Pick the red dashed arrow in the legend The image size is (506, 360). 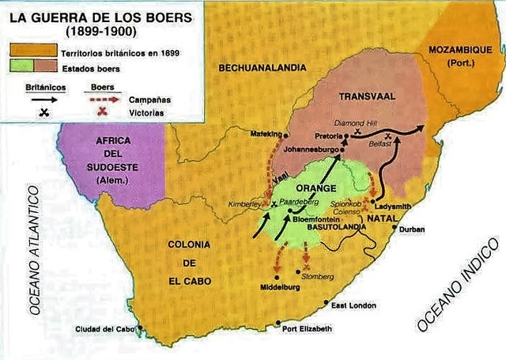[x=101, y=100]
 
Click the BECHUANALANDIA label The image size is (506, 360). [x=262, y=68]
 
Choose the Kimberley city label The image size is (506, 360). [x=244, y=203]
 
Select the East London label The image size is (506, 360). [x=353, y=305]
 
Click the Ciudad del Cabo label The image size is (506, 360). [x=105, y=328]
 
